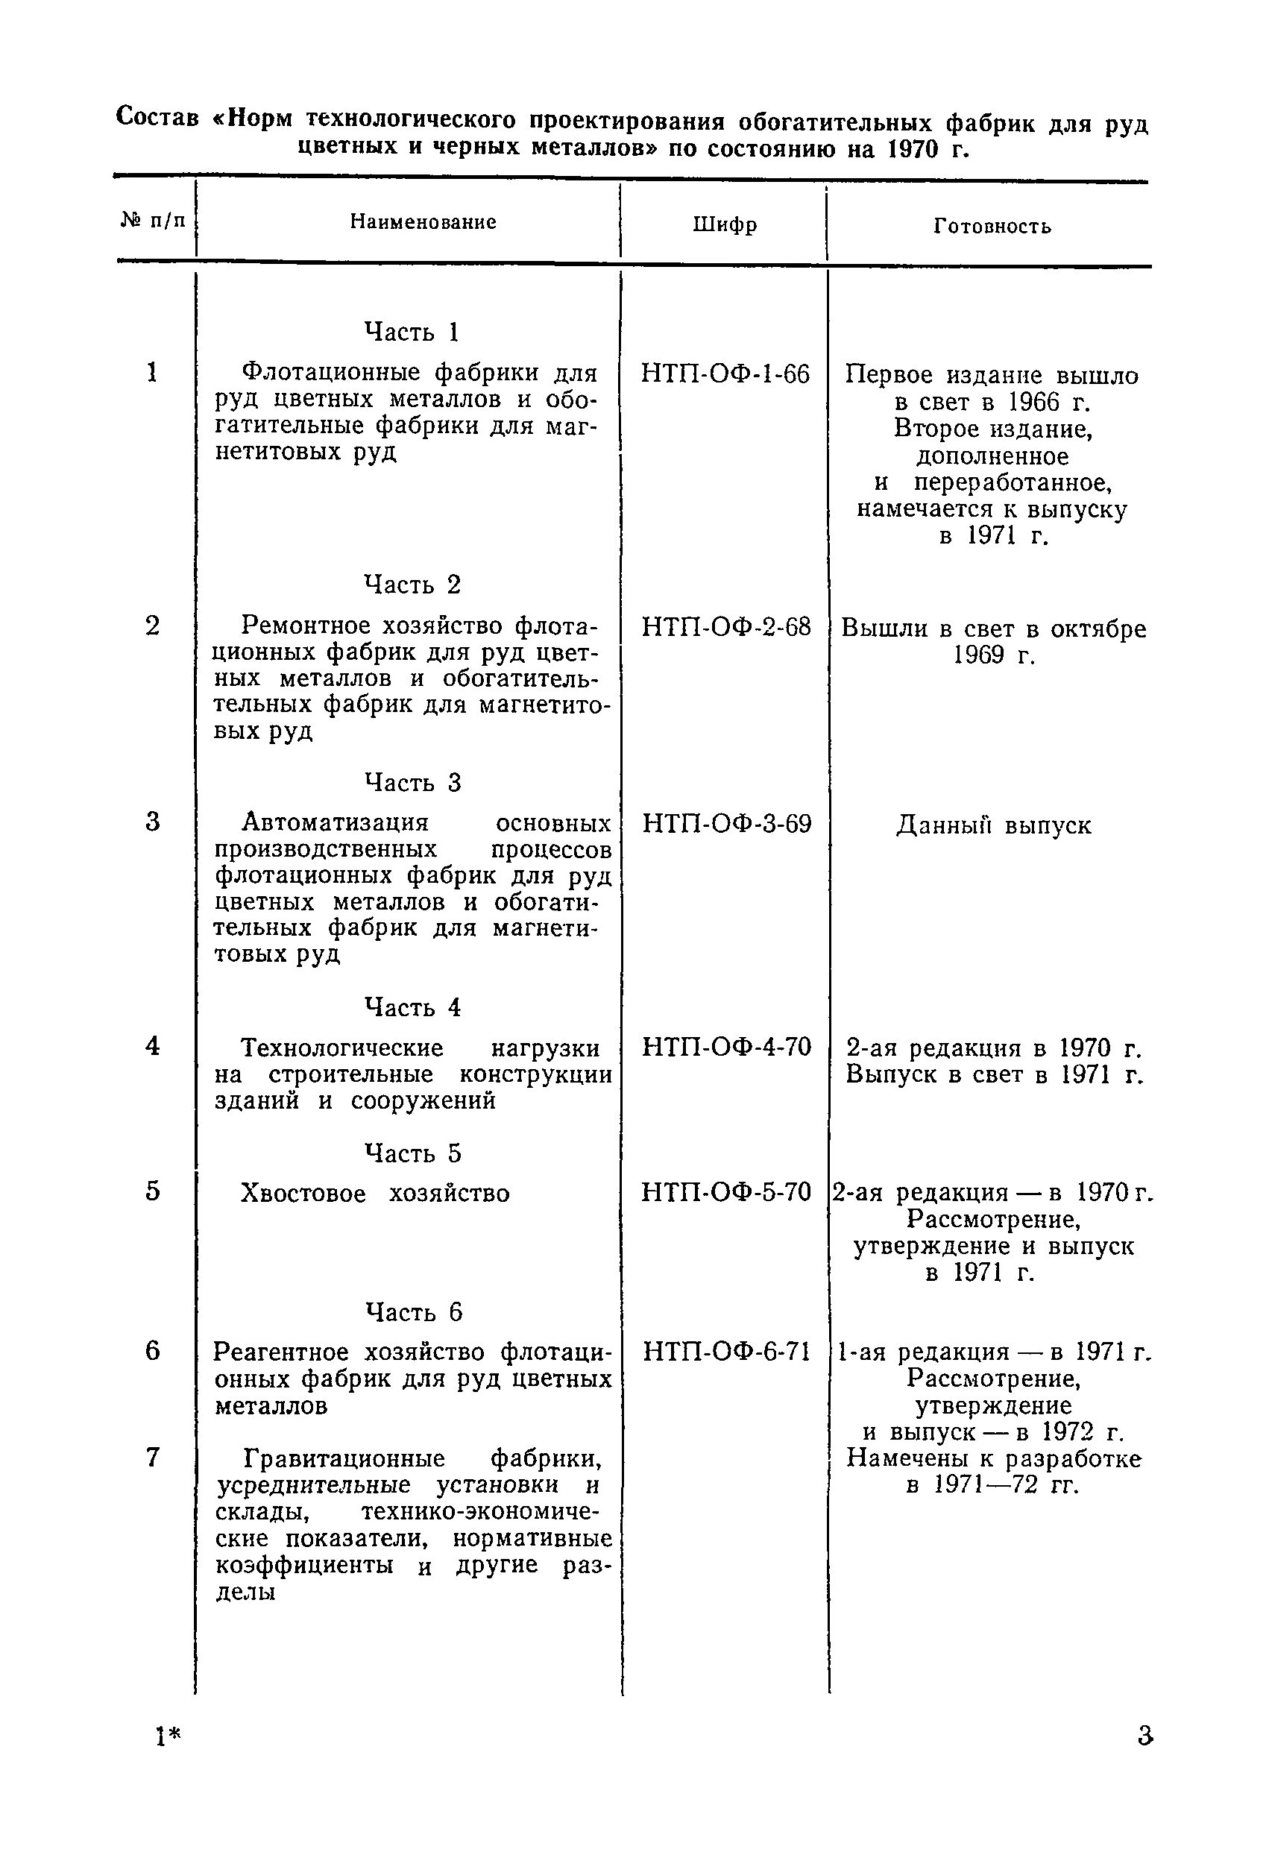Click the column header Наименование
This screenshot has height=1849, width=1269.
coord(423,222)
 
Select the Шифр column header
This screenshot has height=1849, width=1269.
coord(724,225)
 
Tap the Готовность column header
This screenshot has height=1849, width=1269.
coord(992,227)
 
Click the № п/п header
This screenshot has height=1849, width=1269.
coord(153,220)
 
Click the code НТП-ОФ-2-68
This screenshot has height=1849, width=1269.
coord(725,627)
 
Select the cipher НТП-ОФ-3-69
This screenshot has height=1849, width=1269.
coord(726,823)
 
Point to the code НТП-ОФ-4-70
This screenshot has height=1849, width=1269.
coord(726,1047)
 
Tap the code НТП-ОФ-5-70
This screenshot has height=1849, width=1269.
coord(725,1192)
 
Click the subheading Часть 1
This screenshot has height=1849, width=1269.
coord(412,332)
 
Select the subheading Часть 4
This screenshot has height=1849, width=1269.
coord(412,1007)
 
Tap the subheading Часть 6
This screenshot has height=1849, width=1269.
coord(413,1312)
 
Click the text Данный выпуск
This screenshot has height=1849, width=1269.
coord(994,825)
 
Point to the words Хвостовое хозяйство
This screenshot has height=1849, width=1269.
coord(375,1194)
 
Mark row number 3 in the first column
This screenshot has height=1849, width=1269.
coord(153,821)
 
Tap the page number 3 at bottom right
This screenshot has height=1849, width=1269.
coord(1144,1735)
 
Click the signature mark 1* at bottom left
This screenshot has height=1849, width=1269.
coord(168,1737)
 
